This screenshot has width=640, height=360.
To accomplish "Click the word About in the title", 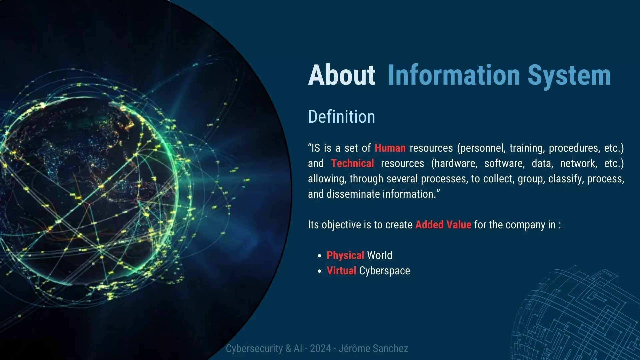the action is (x=342, y=75).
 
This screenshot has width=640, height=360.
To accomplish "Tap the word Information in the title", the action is (x=454, y=75).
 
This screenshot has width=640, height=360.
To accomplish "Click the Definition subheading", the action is (x=342, y=117).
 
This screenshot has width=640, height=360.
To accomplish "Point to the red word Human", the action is (x=390, y=148).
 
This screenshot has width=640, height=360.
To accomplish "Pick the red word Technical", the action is (x=352, y=163).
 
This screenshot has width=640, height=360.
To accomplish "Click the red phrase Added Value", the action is (x=443, y=224).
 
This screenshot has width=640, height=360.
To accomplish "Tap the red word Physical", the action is (x=345, y=255).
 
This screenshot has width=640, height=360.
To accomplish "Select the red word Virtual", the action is (x=341, y=270).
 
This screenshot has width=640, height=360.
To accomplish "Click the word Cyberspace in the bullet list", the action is (x=385, y=271).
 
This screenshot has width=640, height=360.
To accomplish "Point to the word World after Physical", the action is (x=380, y=255).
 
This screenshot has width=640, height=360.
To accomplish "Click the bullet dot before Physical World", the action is (x=320, y=256).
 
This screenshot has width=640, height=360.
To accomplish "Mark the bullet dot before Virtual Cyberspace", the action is (x=320, y=271).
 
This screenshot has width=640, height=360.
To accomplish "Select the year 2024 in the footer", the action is (x=320, y=348).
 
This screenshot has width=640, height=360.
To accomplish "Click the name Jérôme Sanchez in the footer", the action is (x=373, y=348).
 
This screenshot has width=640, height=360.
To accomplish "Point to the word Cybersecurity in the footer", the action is (x=254, y=349).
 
